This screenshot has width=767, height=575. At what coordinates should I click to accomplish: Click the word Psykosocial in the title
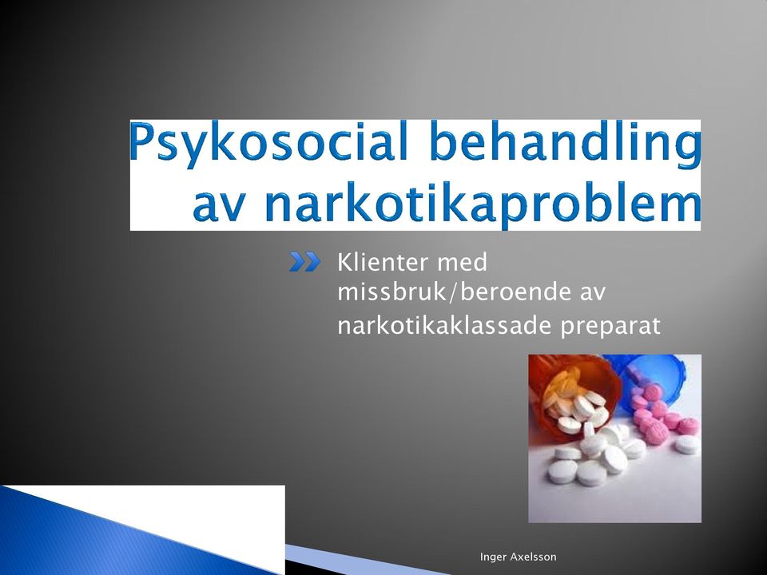269,142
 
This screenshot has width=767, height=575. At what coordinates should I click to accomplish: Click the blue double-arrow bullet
304,262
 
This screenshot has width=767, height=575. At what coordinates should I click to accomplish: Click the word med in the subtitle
463,262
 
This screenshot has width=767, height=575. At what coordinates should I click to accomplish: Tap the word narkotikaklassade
445,325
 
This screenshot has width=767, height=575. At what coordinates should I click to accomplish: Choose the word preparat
610,327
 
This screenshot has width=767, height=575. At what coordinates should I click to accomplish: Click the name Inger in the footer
493,557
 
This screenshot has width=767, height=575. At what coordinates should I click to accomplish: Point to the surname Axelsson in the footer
533,557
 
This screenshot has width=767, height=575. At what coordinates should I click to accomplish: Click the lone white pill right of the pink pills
686,444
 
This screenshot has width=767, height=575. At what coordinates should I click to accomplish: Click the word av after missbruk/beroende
593,293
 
